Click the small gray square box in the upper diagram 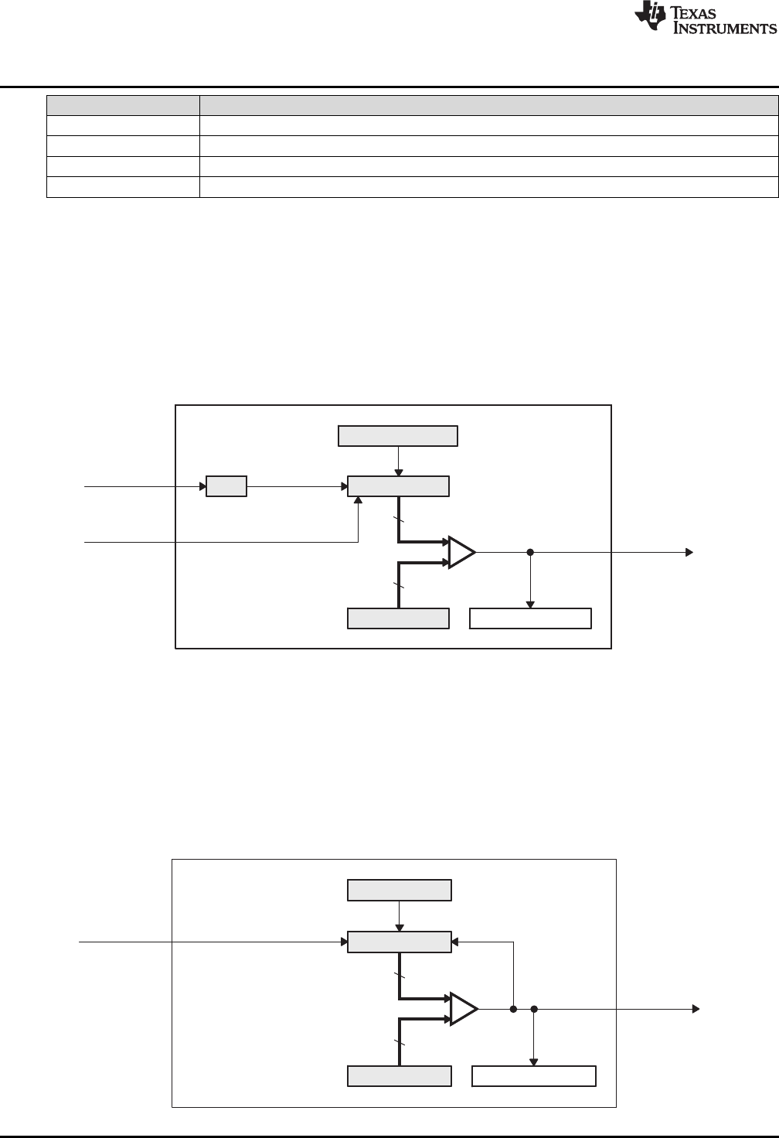pyautogui.click(x=226, y=486)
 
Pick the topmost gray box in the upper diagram pyautogui.click(x=398, y=436)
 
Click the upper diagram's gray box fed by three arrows pyautogui.click(x=398, y=486)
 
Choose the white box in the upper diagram pyautogui.click(x=531, y=618)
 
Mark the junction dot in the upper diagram pyautogui.click(x=530, y=553)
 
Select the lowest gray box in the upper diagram pyautogui.click(x=398, y=618)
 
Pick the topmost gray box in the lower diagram pyautogui.click(x=400, y=891)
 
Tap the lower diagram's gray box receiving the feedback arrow pyautogui.click(x=400, y=942)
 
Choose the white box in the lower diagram pyautogui.click(x=534, y=1076)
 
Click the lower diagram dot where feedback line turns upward pyautogui.click(x=513, y=1009)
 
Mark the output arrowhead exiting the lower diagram pyautogui.click(x=696, y=1009)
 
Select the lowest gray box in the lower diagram pyautogui.click(x=400, y=1076)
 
